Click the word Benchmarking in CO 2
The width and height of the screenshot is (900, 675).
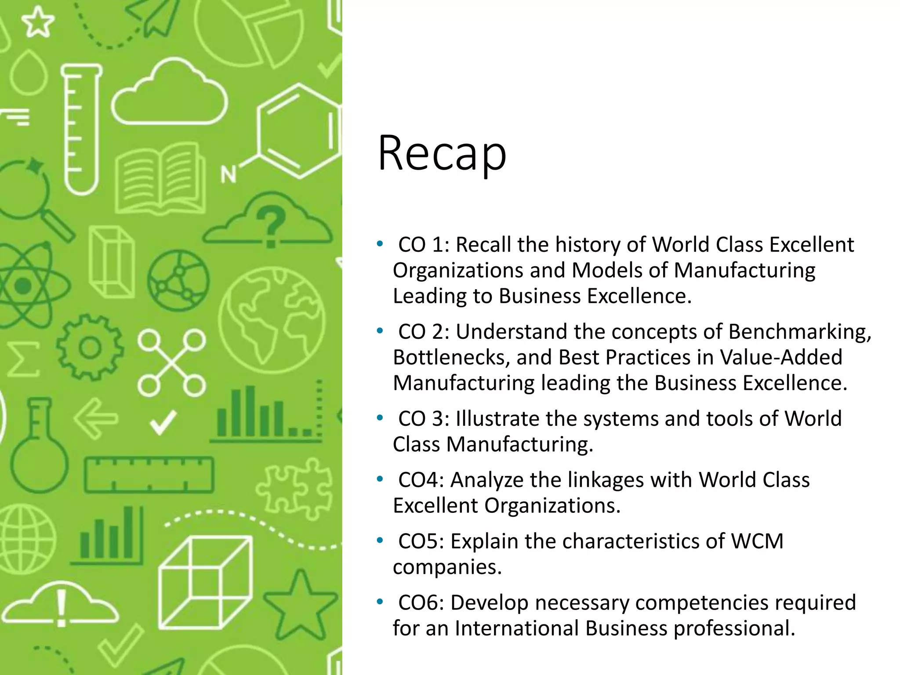[799, 332]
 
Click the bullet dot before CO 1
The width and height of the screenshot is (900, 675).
[380, 243]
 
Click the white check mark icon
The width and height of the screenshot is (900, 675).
[163, 422]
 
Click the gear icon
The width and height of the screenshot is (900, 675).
[90, 348]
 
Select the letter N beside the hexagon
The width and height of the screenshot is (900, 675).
[228, 174]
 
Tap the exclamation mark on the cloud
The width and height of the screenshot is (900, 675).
[62, 606]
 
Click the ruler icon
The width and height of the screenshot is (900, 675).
[149, 475]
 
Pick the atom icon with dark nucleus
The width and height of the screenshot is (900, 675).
[24, 286]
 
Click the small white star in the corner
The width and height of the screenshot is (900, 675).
[38, 22]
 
